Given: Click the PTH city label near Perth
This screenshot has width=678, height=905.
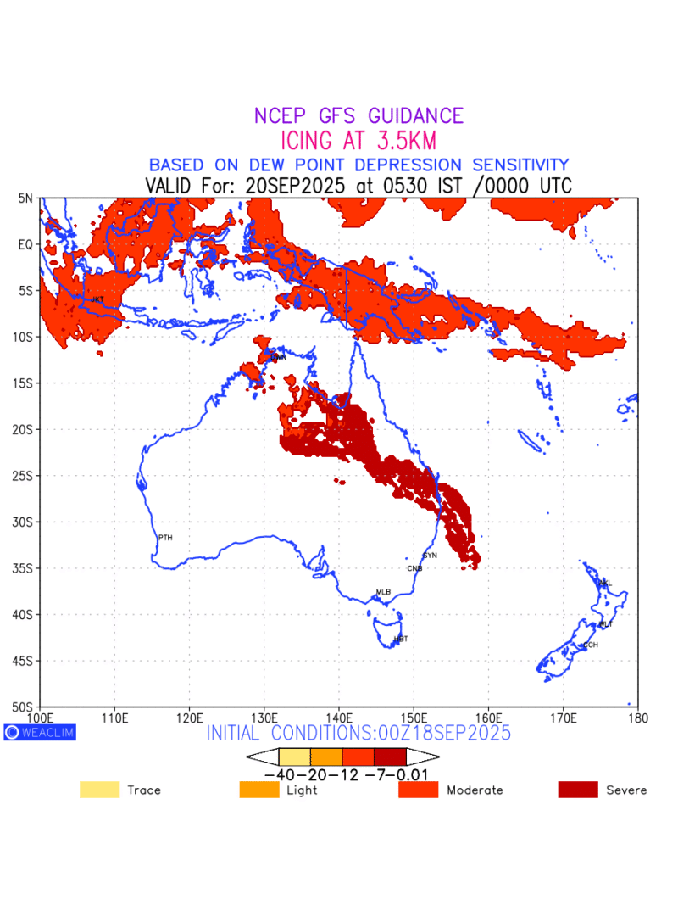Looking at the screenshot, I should coord(165,538).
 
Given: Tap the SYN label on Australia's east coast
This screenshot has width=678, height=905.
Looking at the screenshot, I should coord(430,555).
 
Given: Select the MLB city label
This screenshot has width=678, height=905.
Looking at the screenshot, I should coord(383,592).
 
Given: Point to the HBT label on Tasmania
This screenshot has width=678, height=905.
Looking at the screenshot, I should coord(401,639).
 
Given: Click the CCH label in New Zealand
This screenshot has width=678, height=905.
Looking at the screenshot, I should coord(590,645).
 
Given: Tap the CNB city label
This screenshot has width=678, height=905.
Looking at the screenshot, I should coord(414,568).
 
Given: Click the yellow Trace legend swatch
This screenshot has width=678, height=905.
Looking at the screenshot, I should coord(99,790).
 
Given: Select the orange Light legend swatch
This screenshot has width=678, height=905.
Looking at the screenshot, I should coord(259,790).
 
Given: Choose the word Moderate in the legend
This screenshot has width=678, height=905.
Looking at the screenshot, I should coord(475,790).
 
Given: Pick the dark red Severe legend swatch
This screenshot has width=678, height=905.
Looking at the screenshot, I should coord(577,790).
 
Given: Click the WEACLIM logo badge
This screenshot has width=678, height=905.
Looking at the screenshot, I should coord(40,732).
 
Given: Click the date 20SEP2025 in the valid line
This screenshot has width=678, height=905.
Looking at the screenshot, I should coord(293,186).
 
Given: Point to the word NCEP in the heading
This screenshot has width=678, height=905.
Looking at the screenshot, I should coord(284,116).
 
